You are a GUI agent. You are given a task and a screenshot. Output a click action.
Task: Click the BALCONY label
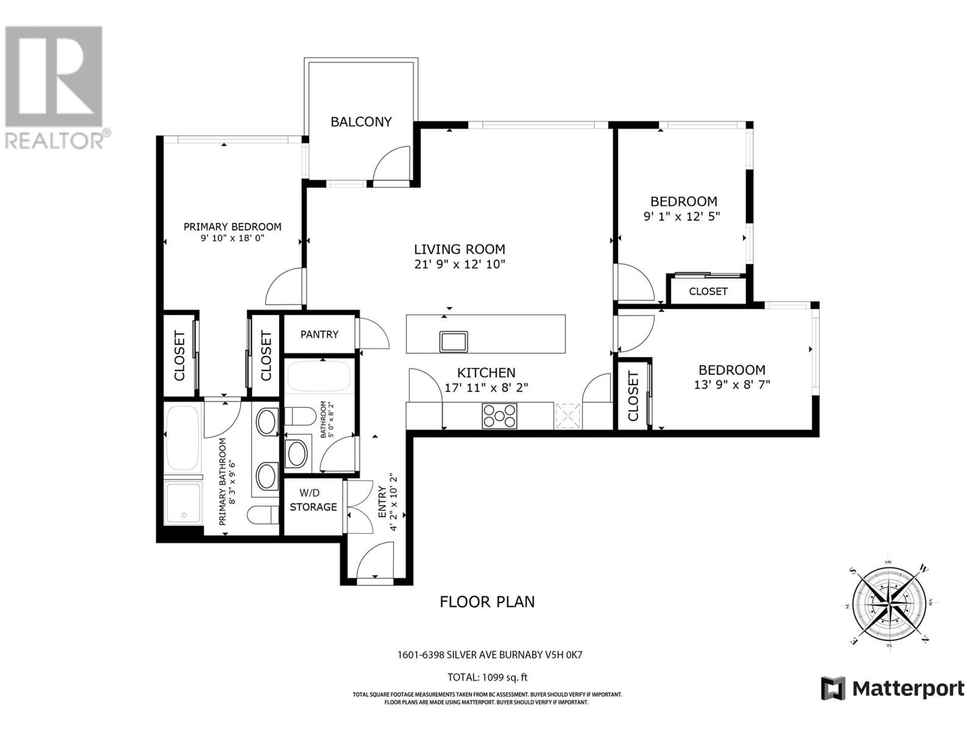click(361, 122)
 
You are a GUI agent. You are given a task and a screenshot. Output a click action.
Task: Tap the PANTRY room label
click(319, 335)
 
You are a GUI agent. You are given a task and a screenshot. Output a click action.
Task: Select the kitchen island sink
click(453, 341)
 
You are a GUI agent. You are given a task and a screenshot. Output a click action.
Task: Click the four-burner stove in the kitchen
click(499, 416)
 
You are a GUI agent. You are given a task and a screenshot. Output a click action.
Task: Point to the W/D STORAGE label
click(313, 500)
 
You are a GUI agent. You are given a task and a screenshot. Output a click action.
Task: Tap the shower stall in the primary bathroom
click(183, 503)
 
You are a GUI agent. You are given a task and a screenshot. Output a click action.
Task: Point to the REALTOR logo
click(55, 87)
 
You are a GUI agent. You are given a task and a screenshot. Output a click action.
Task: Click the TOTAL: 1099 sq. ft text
click(487, 677)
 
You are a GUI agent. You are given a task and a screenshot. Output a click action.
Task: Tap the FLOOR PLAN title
click(487, 602)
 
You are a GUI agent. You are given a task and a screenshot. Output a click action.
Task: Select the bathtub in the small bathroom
click(319, 377)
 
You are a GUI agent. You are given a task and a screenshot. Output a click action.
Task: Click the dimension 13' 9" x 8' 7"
click(732, 385)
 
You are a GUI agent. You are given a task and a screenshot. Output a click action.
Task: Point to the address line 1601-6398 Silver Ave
click(490, 655)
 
